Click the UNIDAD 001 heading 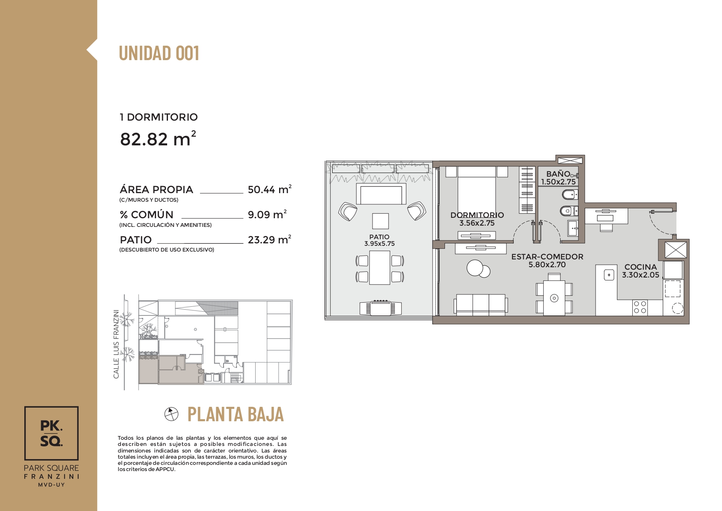tap(159, 54)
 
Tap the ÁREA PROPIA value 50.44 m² tap(270, 189)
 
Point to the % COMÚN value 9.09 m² tap(267, 215)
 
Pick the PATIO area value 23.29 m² tap(270, 240)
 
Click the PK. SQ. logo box tap(51, 433)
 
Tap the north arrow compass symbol tap(172, 414)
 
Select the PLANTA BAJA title tap(235, 414)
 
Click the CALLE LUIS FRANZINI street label tap(116, 344)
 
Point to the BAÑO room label tap(558, 174)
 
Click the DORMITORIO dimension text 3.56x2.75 tap(477, 223)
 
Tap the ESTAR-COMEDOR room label tap(547, 257)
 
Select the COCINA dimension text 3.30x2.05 tap(640, 275)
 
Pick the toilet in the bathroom tap(569, 211)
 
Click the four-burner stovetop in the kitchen tap(640, 307)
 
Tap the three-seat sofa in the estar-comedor tap(481, 305)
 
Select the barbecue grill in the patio tap(380, 308)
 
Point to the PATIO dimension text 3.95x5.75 tap(380, 244)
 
